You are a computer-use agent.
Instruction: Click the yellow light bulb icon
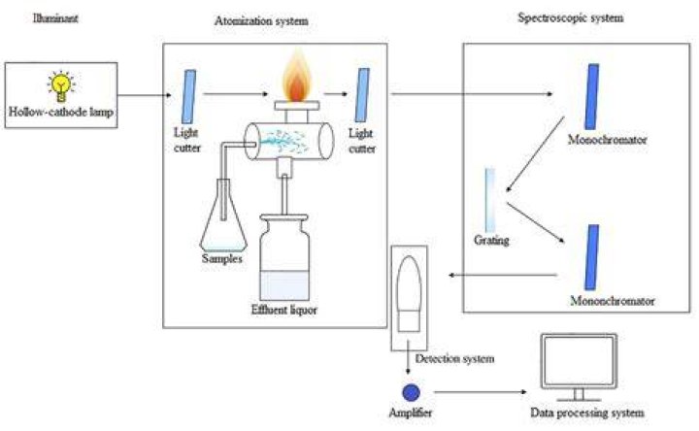point(61,86)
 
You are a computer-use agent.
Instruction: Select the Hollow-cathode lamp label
point(61,112)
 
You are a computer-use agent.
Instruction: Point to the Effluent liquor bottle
point(284,257)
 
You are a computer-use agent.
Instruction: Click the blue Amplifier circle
point(411,393)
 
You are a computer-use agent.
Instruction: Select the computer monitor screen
point(579,360)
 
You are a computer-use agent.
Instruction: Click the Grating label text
point(491,241)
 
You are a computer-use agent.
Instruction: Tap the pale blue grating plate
point(490,199)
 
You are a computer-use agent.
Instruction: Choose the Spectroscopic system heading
point(570,17)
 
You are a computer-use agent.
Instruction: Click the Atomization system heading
point(261,21)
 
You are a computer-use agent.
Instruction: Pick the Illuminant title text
point(55,18)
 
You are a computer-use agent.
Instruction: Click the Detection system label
point(454,359)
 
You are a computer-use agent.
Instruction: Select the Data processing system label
point(587,414)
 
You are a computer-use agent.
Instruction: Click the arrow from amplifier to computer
point(481,392)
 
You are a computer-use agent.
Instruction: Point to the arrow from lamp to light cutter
point(145,95)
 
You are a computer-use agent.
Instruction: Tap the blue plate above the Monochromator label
point(592,97)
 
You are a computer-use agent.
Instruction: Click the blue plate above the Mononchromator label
point(592,257)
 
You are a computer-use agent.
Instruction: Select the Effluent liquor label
point(283,311)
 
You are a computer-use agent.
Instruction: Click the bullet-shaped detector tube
point(409,294)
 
